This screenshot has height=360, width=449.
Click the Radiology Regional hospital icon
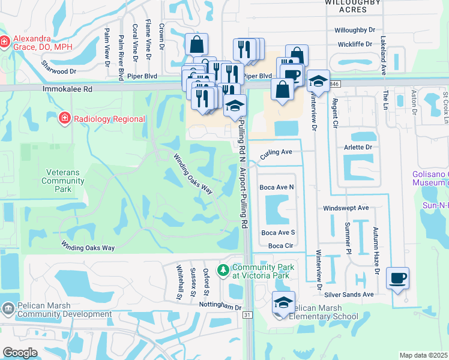point(64,118)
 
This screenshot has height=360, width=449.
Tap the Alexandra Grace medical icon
point(5,41)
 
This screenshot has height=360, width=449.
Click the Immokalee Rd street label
point(67,88)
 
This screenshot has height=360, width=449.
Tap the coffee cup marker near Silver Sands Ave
point(397,279)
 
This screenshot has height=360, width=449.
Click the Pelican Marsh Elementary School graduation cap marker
point(283,303)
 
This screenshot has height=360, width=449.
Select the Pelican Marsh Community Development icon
point(8,308)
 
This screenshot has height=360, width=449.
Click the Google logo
point(20,353)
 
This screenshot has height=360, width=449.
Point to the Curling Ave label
point(276,153)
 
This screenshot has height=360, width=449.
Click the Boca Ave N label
point(277,187)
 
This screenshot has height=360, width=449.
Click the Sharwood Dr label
point(59,67)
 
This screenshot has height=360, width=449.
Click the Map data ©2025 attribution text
point(424,355)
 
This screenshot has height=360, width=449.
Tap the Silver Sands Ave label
point(349,294)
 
